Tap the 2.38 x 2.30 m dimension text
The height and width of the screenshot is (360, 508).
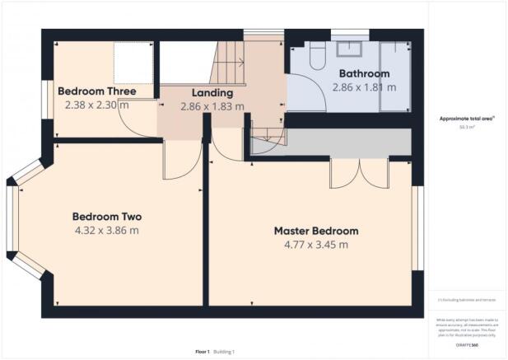tap(96, 105)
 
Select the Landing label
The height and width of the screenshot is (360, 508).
tap(212, 93)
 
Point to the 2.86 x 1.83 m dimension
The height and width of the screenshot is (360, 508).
tap(212, 106)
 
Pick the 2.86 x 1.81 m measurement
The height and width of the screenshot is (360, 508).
tap(364, 86)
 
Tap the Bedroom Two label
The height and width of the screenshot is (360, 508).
tap(107, 217)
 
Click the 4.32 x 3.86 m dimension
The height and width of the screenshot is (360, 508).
tap(107, 231)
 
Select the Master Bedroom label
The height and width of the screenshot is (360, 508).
tap(316, 231)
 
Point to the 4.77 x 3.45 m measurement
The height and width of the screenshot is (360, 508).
tap(316, 245)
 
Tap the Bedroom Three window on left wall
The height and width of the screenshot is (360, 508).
tap(46, 94)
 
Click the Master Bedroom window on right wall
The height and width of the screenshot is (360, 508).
tap(416, 227)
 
